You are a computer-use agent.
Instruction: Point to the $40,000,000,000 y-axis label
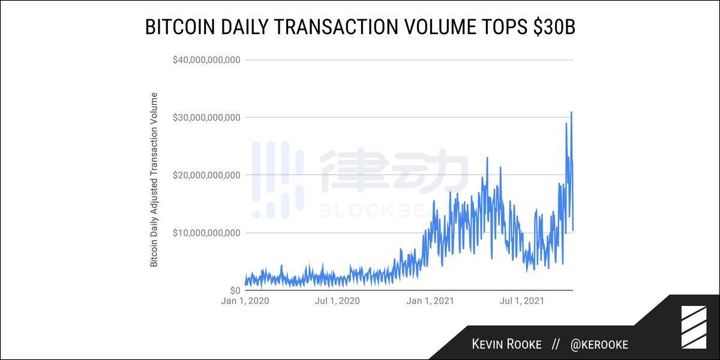pyautogui.click(x=206, y=60)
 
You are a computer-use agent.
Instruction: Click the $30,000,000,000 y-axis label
pyautogui.click(x=206, y=118)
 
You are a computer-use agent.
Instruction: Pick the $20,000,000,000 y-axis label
pyautogui.click(x=206, y=175)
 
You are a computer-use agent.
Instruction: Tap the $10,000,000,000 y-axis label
pyautogui.click(x=206, y=233)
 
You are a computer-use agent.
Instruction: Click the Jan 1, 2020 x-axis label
pyautogui.click(x=245, y=301)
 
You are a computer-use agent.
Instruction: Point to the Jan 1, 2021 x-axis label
pyautogui.click(x=430, y=301)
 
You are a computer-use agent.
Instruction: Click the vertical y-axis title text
pyautogui.click(x=154, y=179)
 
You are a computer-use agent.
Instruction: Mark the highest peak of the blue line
pyautogui.click(x=571, y=112)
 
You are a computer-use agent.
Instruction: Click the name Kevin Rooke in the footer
pyautogui.click(x=506, y=344)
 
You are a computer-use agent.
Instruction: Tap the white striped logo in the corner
pyautogui.click(x=694, y=327)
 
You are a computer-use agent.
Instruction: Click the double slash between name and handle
pyautogui.click(x=556, y=344)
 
